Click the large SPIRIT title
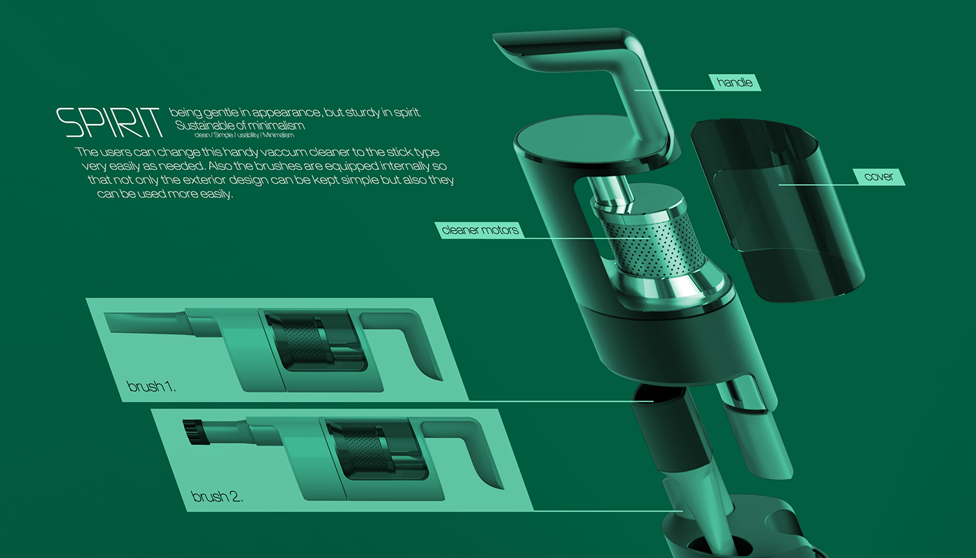(110, 123)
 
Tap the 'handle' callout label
(735, 83)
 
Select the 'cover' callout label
(878, 177)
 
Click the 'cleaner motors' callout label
(480, 229)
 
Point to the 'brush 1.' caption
(151, 386)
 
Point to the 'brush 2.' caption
(216, 497)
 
